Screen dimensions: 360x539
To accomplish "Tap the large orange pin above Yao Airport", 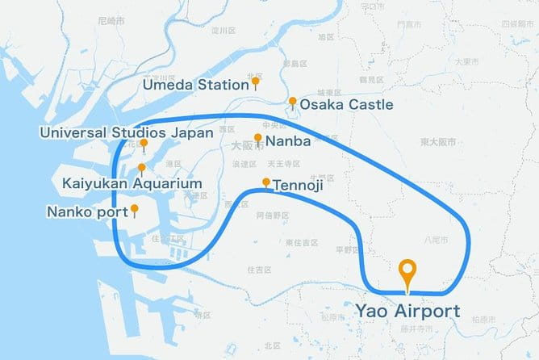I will click(407, 273).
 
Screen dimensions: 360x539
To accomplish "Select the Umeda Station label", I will click(195, 84).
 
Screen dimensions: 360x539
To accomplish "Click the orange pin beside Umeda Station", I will click(256, 82).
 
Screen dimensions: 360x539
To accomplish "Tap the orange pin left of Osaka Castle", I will click(292, 103).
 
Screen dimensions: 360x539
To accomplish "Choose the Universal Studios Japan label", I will click(128, 132).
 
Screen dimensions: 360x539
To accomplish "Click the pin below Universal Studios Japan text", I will click(143, 145).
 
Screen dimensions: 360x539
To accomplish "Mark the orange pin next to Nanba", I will click(258, 138).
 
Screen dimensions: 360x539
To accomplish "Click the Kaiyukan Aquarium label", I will click(132, 184).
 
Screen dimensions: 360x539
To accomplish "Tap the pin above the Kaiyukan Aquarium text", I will click(142, 169).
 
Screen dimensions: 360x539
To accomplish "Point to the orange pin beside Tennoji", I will click(266, 182).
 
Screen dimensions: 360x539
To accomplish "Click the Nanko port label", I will click(88, 212).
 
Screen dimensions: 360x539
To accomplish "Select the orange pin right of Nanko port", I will click(135, 210).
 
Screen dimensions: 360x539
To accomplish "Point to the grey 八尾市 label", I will click(432, 239).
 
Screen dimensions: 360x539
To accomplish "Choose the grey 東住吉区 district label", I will click(300, 242).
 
